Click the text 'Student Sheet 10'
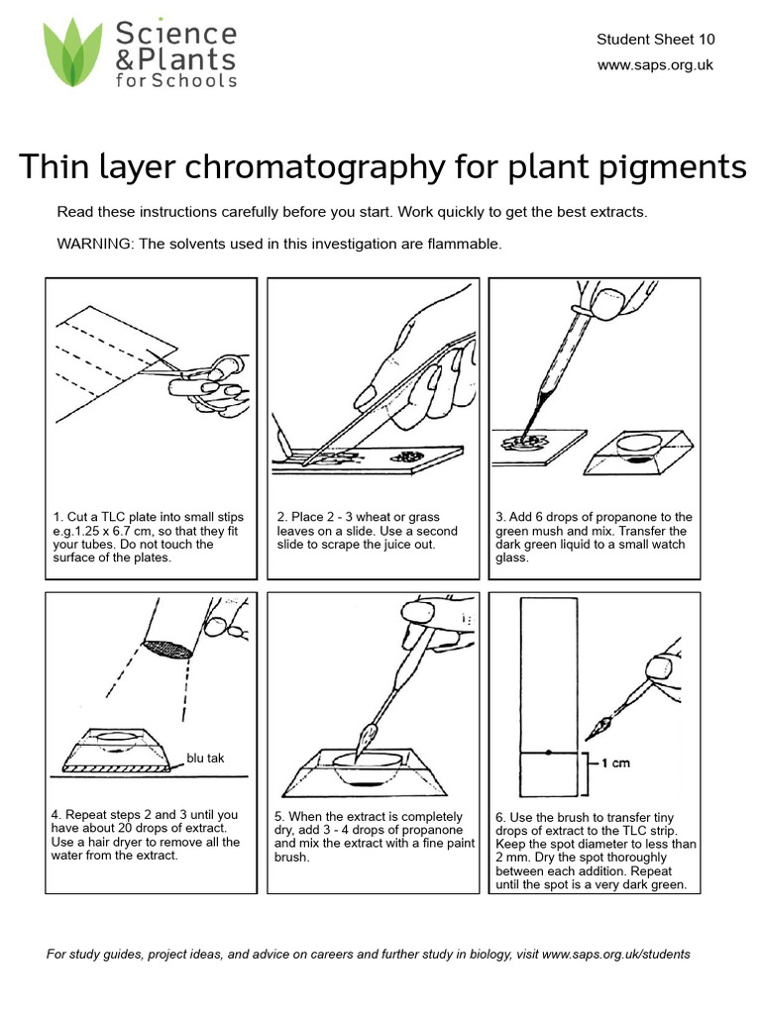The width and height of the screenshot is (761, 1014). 655,40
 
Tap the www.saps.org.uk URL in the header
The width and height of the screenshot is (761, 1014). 655,64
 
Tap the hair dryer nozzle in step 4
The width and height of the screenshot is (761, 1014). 168,649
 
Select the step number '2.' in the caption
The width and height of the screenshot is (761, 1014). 282,517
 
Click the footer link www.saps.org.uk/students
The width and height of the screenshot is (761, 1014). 616,955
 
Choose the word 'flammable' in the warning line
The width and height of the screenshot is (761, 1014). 469,243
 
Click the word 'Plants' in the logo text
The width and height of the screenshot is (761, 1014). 187,59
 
